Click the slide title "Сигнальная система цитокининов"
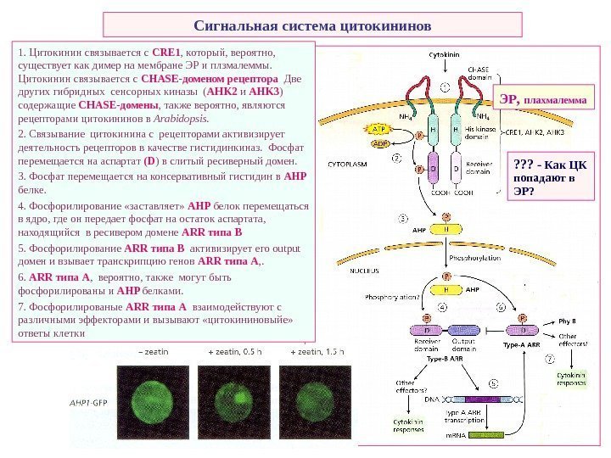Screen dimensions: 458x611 (311, 25)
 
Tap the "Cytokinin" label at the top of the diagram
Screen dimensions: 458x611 (449, 53)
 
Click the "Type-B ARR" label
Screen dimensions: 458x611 (450, 358)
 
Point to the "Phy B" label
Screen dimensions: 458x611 (568, 322)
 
